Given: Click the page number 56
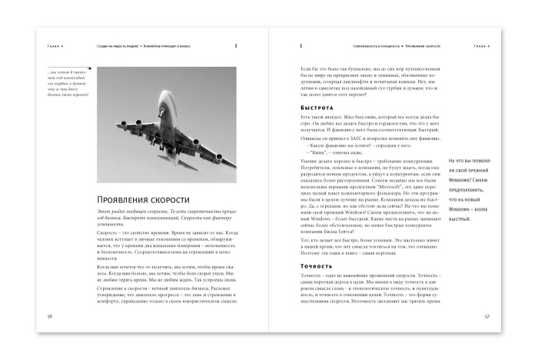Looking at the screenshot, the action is pos(50,316).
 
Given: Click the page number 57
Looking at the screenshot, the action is pos(487,316).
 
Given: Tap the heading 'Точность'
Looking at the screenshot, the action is pos(317,266).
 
